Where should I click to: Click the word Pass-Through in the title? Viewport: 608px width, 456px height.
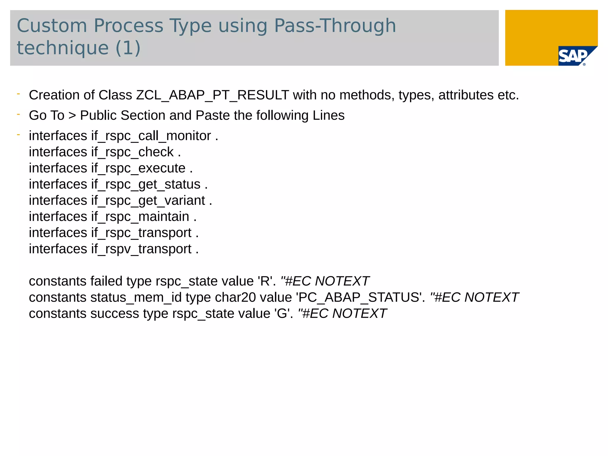click(335, 26)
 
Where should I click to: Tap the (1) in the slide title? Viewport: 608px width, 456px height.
click(128, 48)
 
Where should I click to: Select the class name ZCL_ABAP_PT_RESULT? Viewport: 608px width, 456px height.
click(213, 95)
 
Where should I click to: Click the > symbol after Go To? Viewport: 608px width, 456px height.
click(72, 115)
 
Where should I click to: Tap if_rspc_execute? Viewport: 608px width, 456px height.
click(138, 168)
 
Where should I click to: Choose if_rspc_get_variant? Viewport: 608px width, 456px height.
click(148, 201)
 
